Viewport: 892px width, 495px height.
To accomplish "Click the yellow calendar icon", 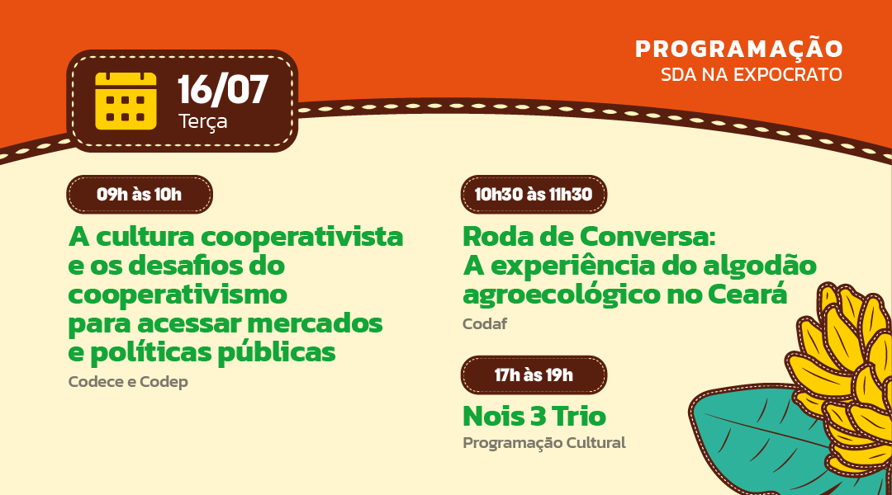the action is point(126,101).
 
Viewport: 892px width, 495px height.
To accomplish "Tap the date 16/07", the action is point(222,90).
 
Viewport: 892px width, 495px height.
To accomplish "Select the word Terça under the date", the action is point(203,121).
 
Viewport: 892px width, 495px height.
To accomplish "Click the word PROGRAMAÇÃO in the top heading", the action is point(739,48).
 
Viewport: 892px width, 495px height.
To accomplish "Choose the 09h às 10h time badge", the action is point(140,195).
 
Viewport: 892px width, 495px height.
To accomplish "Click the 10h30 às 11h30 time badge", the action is point(534,195).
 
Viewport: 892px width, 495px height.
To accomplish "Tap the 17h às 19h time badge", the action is point(534,375).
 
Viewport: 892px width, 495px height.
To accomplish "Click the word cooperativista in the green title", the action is point(302,238).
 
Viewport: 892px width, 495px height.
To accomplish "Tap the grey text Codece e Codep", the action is point(128,381).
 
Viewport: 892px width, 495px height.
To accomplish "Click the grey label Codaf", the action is point(485,324).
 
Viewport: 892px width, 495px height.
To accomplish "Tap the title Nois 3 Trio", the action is point(534,416).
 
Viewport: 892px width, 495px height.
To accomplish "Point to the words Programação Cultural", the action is point(543,443).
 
